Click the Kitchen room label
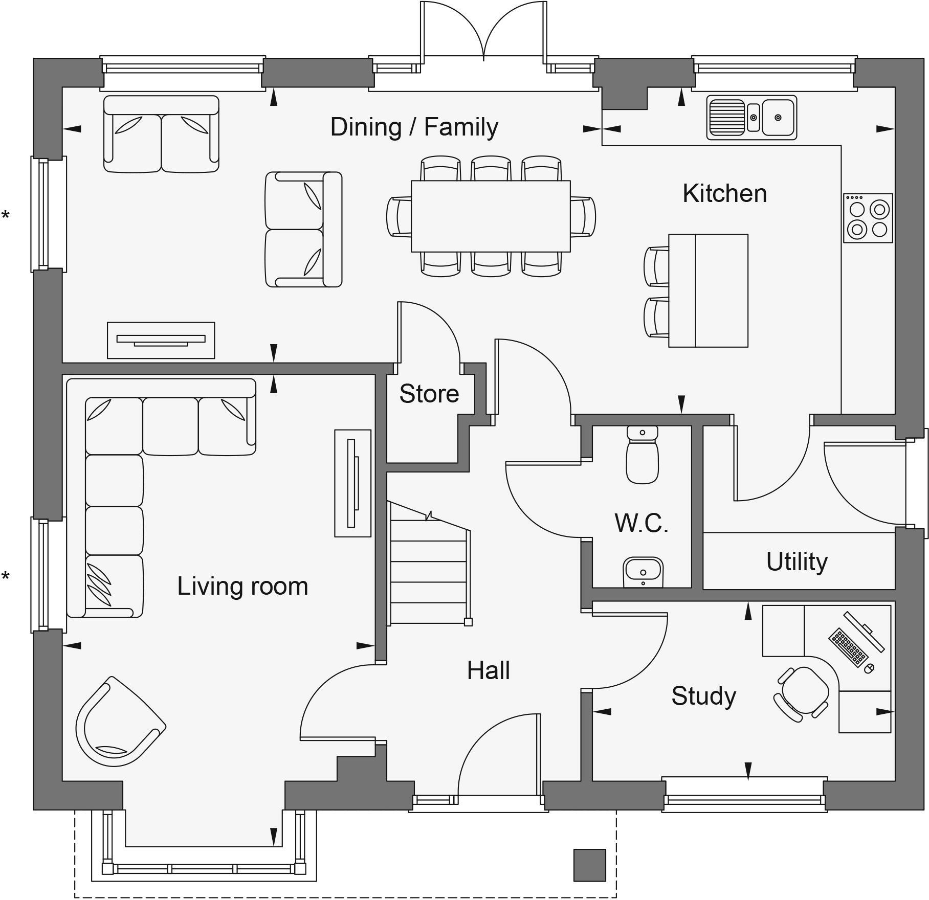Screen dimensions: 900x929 pos(724,194)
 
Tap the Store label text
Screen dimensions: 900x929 pos(429,394)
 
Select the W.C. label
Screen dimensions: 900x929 pos(641,523)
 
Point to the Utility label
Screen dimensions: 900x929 pos(797,561)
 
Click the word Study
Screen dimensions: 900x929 pos(703,696)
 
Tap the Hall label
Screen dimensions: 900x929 pos(488,670)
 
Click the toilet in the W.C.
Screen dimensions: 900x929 pos(642,455)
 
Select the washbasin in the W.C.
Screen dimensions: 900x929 pos(643,572)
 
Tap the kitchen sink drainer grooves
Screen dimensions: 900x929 pos(726,118)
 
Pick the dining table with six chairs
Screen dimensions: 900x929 pos(491,216)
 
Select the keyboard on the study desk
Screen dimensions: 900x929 pos(848,647)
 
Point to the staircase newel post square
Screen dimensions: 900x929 pos(468,622)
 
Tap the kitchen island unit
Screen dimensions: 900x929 pos(708,291)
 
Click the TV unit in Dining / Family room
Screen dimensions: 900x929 pos(161,340)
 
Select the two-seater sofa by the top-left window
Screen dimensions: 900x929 pos(161,134)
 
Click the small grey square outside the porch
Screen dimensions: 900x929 pos(589,865)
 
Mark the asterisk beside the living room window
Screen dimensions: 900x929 pos(6,577)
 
